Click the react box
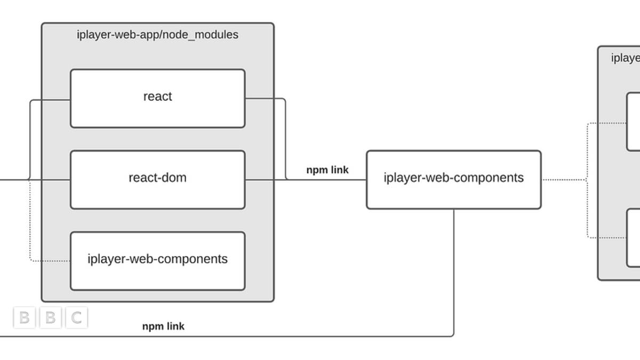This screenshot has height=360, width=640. tap(157, 98)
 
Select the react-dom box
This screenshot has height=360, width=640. tap(157, 179)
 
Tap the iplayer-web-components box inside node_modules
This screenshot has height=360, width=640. tap(157, 261)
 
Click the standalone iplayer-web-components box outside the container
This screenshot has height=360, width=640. tap(453, 179)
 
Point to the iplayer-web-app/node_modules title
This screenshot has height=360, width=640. tap(157, 35)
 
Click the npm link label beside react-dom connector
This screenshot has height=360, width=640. tap(327, 170)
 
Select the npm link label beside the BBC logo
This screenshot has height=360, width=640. tap(163, 326)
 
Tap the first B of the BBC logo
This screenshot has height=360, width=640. tap(24, 318)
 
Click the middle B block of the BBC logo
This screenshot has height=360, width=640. tap(50, 318)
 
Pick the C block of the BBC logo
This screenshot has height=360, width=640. tap(76, 318)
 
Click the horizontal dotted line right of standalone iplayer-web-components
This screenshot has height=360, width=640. tap(564, 180)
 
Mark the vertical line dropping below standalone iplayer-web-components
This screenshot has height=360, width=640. tap(454, 272)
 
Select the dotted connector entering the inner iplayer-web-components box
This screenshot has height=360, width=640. tap(51, 261)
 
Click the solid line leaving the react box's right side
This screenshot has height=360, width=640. tap(265, 98)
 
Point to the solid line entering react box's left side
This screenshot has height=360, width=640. tap(51, 100)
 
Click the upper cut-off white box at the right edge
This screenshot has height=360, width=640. tap(633, 122)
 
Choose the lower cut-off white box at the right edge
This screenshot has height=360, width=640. tap(633, 237)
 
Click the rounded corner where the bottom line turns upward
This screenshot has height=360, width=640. tap(452, 335)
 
